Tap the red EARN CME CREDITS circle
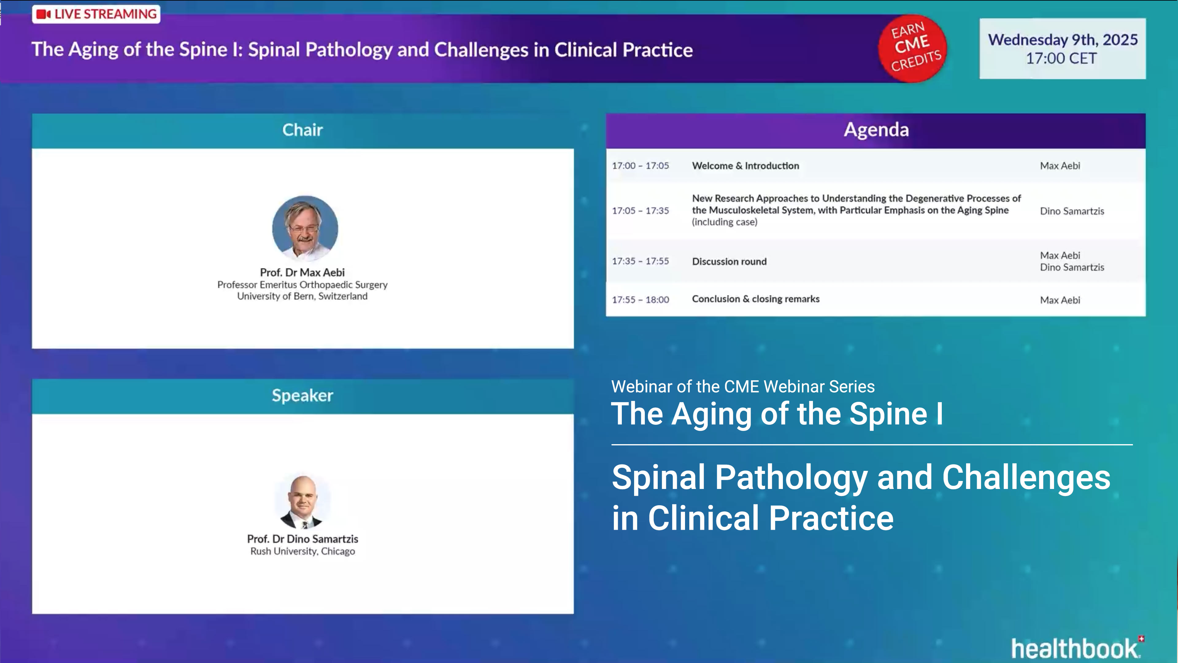coord(913,48)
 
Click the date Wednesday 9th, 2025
coord(1062,40)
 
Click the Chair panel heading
coord(302,130)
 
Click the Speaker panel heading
coord(302,395)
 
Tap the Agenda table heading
coord(876,130)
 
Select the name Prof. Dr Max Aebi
coord(302,272)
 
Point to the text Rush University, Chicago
coord(302,551)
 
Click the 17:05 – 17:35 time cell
coord(640,211)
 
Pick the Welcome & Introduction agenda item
coord(745,166)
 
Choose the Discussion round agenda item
coord(729,262)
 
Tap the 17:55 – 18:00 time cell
coord(640,300)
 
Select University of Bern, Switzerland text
coord(302,297)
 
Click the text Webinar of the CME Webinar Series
coord(743,387)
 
